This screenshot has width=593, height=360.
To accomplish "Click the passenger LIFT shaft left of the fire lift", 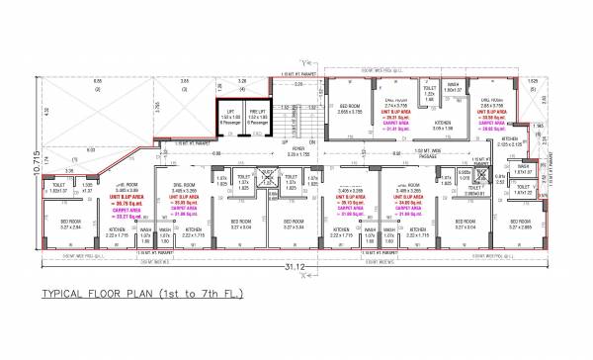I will pyautogui.click(x=231, y=117).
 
